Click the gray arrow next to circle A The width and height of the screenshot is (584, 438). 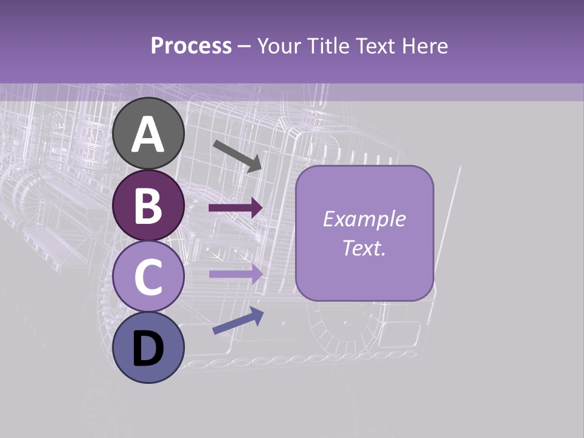coord(237,156)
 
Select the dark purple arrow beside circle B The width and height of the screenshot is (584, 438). coord(235,208)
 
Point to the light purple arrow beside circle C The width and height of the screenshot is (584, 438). coord(235,274)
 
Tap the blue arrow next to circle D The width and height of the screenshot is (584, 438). coord(238,321)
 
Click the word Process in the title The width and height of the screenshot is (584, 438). coord(191,46)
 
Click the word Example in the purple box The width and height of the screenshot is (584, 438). coord(364,219)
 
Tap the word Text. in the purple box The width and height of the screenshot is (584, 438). coord(364,248)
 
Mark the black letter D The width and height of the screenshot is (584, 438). coord(148,350)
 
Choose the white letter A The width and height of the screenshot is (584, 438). coord(148,135)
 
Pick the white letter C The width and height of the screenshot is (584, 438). coord(148,277)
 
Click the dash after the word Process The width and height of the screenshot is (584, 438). coord(245,47)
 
